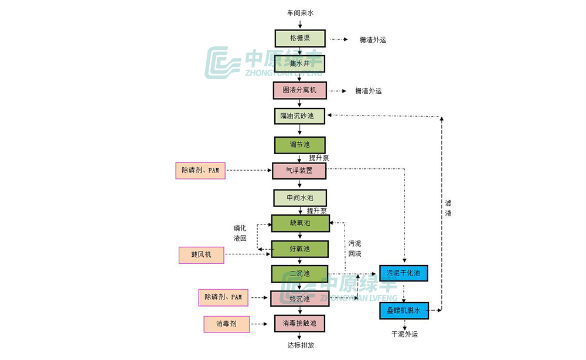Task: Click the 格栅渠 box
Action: coord(300,38)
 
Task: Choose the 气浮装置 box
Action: coord(299,171)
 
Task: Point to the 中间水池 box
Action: coord(300,198)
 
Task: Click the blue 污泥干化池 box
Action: coord(403,273)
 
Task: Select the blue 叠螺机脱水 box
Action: coord(403,310)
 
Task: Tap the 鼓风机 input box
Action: coord(200,255)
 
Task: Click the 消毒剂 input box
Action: coord(227,324)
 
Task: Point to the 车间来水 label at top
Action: coord(300,12)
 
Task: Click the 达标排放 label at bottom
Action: coord(301,345)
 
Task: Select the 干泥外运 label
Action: coord(404,334)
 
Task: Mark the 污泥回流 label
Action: coord(355,249)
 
